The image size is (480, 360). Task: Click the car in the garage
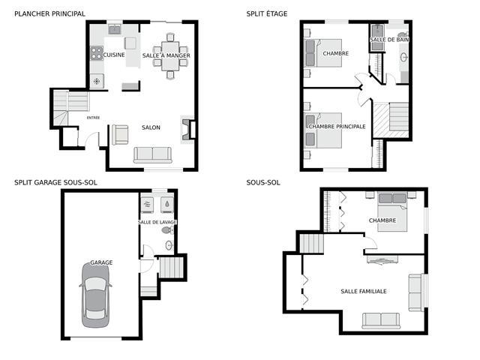pos(95,295)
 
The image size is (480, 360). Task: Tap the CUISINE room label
pos(114,55)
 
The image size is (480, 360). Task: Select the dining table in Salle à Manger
pos(170,55)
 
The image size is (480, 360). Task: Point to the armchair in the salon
pos(120,135)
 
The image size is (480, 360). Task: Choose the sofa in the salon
pos(153,155)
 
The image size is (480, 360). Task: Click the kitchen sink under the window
pos(115,30)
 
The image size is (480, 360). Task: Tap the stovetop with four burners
pos(97,53)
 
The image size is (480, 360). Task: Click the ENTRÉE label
pos(93,118)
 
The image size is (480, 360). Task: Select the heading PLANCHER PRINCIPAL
pos(50,13)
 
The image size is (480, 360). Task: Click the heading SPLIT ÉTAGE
pos(267,13)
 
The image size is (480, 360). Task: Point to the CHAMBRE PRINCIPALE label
pos(337,127)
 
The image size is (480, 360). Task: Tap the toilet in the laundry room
pos(166,230)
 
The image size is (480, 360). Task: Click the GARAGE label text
pos(101,262)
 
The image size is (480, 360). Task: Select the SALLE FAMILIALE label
pos(364,292)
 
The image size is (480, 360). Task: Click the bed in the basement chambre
pos(392,211)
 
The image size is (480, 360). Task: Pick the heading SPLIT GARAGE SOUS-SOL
pos(55,183)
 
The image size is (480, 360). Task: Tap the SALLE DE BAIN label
pos(389,40)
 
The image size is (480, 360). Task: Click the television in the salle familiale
pos(382,260)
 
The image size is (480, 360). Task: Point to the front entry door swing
pos(91,138)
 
